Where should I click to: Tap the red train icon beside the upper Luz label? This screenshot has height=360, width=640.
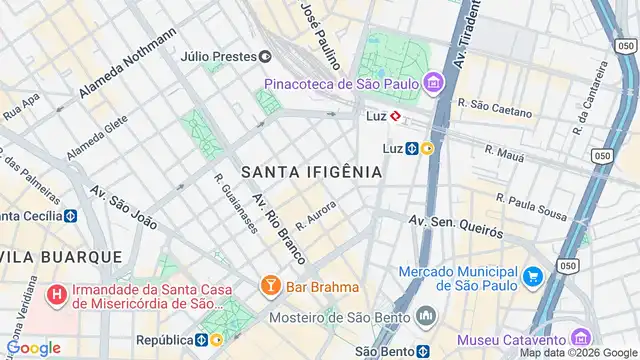pos(396,116)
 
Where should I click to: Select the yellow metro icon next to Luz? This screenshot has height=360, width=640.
pos(427,149)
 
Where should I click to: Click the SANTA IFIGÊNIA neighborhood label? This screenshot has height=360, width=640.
pos(311,172)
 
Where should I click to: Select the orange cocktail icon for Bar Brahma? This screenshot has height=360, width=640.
pos(269,288)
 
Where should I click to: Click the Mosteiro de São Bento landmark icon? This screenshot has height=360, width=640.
pos(427,316)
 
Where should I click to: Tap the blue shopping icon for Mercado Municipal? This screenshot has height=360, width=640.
pos(532,276)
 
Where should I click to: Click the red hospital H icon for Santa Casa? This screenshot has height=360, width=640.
pos(58,295)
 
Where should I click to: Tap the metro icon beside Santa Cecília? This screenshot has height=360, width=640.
pos(71,216)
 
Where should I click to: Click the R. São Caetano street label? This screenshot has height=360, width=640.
pos(494,107)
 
